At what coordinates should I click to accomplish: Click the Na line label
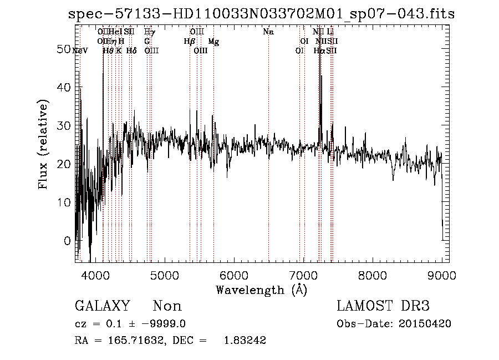point(268,32)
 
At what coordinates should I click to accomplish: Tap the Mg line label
point(213,42)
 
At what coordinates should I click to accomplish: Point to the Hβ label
point(190,42)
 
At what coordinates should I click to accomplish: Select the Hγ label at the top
point(150,32)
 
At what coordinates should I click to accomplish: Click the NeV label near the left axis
point(80,51)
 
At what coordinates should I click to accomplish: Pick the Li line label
point(330,32)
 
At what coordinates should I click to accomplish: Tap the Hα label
point(319,51)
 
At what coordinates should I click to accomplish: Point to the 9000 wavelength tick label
point(442,275)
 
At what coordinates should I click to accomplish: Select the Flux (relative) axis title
point(43,145)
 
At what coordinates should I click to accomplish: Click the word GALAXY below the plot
point(102,306)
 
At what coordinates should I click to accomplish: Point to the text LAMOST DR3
point(383,306)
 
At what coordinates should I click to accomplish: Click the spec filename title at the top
point(261,14)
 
